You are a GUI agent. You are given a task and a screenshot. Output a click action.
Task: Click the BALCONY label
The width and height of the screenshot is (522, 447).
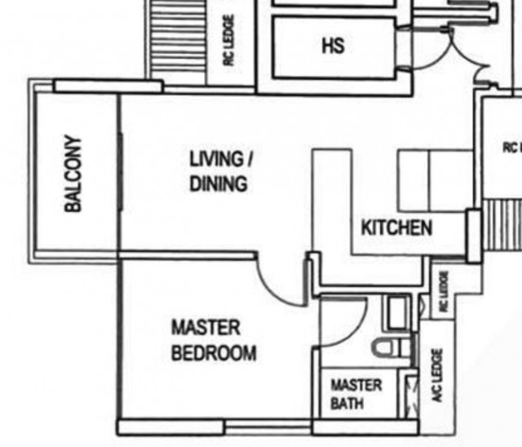[x=73, y=174]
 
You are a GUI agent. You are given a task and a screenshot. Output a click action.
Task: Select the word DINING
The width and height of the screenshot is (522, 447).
[x=219, y=184]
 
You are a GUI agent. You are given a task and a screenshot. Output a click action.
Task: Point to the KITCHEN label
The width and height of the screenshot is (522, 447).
[x=396, y=228]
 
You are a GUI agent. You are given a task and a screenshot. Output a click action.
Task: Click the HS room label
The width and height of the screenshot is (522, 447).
[x=334, y=46]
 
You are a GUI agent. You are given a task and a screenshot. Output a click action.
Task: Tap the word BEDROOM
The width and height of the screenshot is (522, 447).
[x=214, y=353]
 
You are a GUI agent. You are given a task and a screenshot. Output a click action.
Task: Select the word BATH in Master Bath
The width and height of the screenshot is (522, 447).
[x=347, y=404]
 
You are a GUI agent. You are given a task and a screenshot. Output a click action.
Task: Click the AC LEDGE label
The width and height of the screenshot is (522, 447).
[x=437, y=375]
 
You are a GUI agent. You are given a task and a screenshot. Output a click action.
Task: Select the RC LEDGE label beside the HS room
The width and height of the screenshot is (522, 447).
[x=228, y=40]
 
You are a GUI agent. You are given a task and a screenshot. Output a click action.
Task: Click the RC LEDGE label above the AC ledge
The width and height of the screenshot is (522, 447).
[x=444, y=291]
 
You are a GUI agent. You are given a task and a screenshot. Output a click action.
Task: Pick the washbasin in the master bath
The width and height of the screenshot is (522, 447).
[x=397, y=313]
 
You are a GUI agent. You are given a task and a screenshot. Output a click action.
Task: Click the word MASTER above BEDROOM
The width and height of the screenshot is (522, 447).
[x=206, y=328]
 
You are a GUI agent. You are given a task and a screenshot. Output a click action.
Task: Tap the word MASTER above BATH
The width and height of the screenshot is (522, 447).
[x=356, y=386]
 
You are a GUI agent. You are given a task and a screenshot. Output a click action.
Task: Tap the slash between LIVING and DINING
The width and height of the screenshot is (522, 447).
[x=249, y=159]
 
